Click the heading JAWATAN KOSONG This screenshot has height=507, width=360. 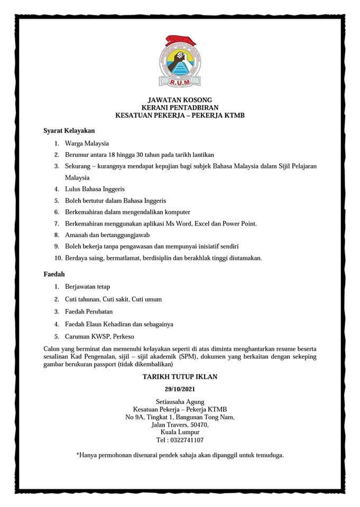click(x=180, y=100)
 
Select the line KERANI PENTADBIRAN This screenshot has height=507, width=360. click(x=180, y=107)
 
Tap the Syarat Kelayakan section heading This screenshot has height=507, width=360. click(x=69, y=129)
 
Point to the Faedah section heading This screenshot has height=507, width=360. click(x=53, y=275)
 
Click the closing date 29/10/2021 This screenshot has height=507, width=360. click(x=180, y=389)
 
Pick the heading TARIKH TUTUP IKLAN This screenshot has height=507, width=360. click(x=180, y=377)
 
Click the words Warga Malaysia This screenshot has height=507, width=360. click(x=87, y=143)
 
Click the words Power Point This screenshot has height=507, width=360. click(x=240, y=223)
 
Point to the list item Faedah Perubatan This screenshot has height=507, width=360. click(x=89, y=312)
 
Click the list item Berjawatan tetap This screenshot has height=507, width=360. click(x=87, y=287)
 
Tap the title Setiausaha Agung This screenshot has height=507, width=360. click(x=180, y=402)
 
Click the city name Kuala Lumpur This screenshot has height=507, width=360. click(x=180, y=432)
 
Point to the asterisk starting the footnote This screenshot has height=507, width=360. click(x=78, y=454)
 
